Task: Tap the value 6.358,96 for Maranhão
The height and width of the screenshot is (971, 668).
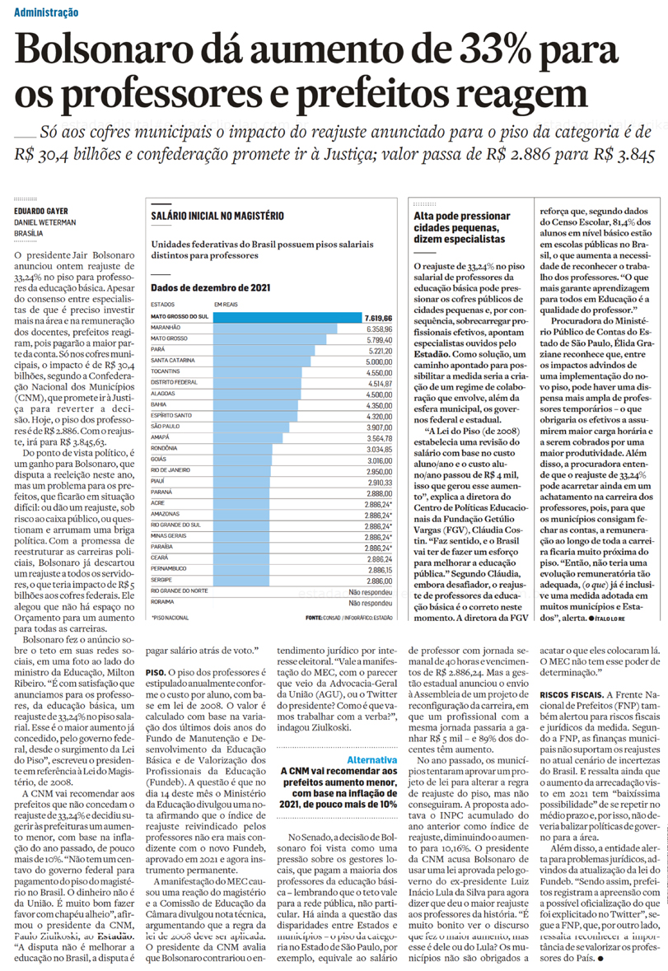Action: [376, 328]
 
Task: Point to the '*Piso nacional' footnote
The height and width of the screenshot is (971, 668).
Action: [171, 616]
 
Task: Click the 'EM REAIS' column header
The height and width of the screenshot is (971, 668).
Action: [226, 306]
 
